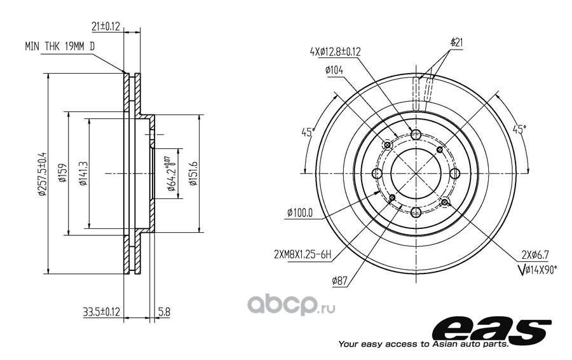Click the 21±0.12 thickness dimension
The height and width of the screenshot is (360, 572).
point(106,27)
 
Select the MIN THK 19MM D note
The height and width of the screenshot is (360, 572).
point(60,46)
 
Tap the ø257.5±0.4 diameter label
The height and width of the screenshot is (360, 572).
point(43,174)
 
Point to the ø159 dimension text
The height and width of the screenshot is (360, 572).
point(62,173)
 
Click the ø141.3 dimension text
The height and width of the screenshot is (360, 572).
point(83,174)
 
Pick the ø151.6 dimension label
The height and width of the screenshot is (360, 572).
point(193,173)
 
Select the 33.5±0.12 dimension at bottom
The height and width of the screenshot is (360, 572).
point(102,312)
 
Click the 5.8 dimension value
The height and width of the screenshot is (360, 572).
point(164,312)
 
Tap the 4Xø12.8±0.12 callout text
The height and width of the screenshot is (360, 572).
point(335,52)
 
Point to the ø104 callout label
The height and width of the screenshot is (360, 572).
point(334,70)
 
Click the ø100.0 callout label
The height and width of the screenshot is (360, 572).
point(300,212)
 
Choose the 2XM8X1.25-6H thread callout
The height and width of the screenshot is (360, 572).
point(303,254)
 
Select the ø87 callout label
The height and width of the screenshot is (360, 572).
point(339,280)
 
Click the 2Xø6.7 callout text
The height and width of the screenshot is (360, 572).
point(535,254)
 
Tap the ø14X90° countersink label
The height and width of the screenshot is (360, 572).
point(537,270)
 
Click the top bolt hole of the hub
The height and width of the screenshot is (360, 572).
point(416,135)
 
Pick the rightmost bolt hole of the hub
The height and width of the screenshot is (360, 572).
point(454,174)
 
